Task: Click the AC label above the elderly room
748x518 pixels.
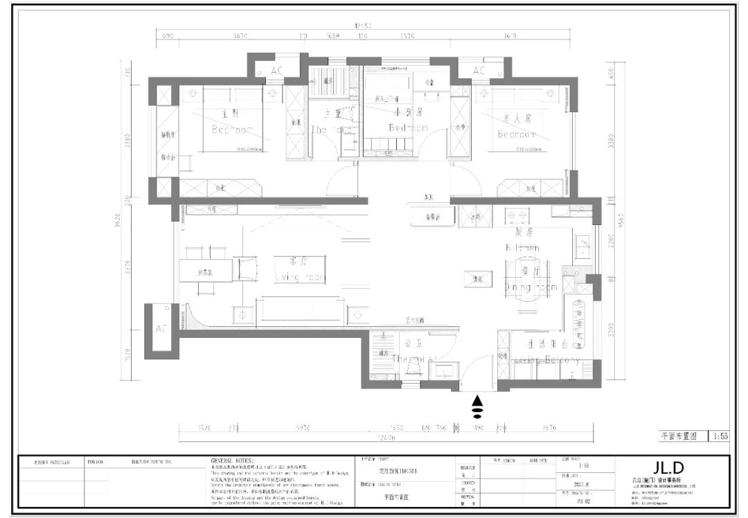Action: [479, 71]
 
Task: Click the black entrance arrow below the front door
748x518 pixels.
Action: [477, 408]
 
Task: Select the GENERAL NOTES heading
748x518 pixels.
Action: [232, 460]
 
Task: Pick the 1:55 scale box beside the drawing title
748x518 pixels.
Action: [720, 436]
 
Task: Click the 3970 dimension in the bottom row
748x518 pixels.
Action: [303, 428]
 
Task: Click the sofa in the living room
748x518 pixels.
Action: [299, 310]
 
